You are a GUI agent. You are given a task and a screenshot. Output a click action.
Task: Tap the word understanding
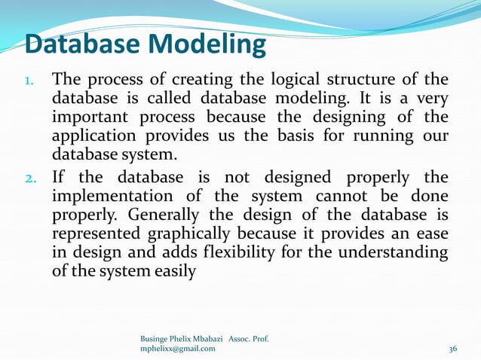pos(397,253)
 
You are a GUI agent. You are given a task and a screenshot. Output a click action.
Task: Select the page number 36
pos(453,349)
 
